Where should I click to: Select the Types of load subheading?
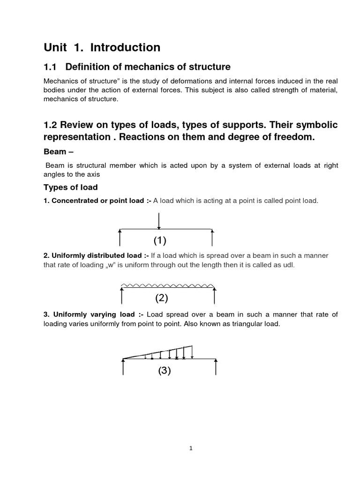click(x=70, y=187)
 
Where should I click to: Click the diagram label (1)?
click(x=160, y=241)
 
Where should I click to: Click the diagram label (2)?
click(x=161, y=298)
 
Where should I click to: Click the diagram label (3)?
click(x=164, y=371)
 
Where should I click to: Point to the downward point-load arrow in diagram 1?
click(x=160, y=221)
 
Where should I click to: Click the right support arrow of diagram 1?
click(x=212, y=237)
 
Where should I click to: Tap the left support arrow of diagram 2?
click(x=122, y=296)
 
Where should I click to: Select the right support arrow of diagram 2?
click(x=215, y=296)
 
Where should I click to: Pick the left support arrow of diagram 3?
click(x=123, y=367)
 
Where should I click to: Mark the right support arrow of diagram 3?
click(x=216, y=367)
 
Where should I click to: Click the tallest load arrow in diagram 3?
click(x=192, y=352)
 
